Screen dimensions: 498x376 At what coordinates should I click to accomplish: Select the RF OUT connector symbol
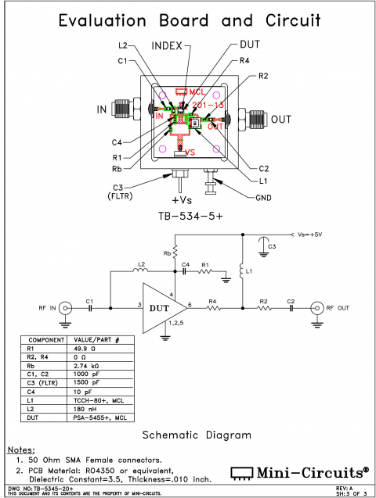pyautogui.click(x=317, y=306)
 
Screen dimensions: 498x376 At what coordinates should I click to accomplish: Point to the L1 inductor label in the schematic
pyautogui.click(x=249, y=271)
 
